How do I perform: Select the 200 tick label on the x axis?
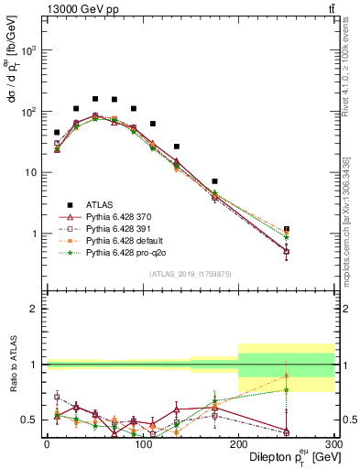[238, 443]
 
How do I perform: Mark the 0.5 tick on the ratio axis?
[32, 420]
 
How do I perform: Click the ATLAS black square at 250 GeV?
[287, 229]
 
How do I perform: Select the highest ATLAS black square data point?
[95, 98]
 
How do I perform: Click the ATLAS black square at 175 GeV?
[214, 181]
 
